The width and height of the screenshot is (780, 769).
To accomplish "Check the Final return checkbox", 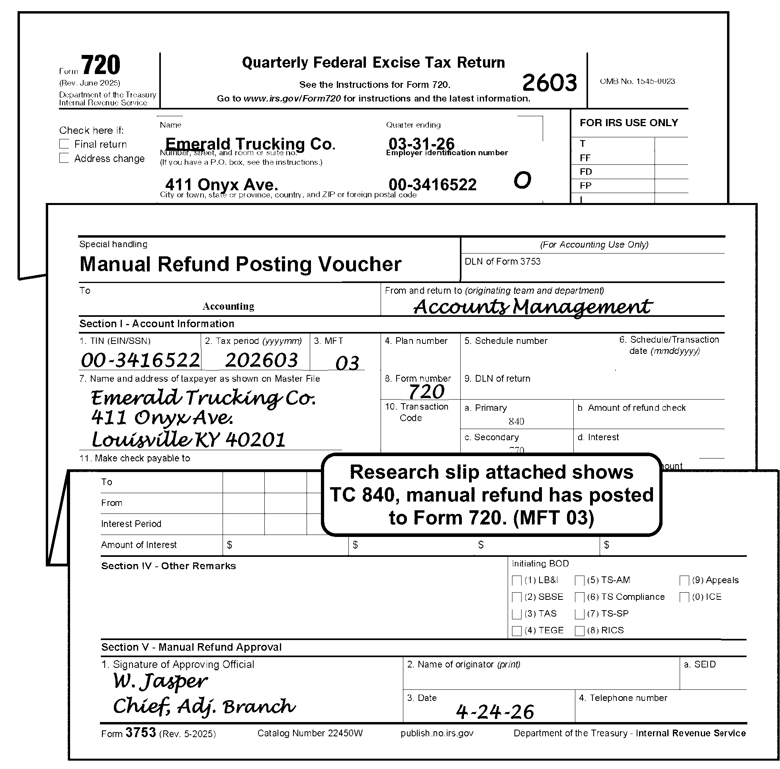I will click(64, 144).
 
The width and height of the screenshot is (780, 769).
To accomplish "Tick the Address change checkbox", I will click(64, 158).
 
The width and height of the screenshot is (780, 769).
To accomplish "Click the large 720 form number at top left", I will click(100, 65).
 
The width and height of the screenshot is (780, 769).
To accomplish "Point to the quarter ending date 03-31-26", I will click(421, 143).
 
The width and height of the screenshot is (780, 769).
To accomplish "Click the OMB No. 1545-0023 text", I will click(637, 81).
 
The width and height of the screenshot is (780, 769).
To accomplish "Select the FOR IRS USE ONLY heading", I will click(629, 123).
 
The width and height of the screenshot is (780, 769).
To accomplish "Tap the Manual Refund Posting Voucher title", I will click(240, 264).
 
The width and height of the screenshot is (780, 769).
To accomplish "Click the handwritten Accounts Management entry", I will click(532, 307).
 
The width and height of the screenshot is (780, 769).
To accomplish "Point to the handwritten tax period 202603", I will click(261, 360).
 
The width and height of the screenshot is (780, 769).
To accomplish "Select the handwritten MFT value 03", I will click(347, 363).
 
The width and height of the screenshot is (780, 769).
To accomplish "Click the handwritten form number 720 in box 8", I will click(426, 391).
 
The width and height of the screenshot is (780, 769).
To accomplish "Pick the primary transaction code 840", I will click(516, 422).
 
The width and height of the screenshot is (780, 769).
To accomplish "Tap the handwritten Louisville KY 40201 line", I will click(189, 439).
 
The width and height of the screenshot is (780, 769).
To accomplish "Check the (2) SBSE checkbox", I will click(516, 597).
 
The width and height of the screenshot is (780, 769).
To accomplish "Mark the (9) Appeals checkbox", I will click(684, 580).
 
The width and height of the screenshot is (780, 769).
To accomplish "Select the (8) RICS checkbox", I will click(579, 631).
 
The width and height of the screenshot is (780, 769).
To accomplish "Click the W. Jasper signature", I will click(160, 682).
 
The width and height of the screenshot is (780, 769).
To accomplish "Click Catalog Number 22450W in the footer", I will click(310, 733).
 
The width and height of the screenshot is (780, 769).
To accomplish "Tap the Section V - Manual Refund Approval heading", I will click(191, 647).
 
